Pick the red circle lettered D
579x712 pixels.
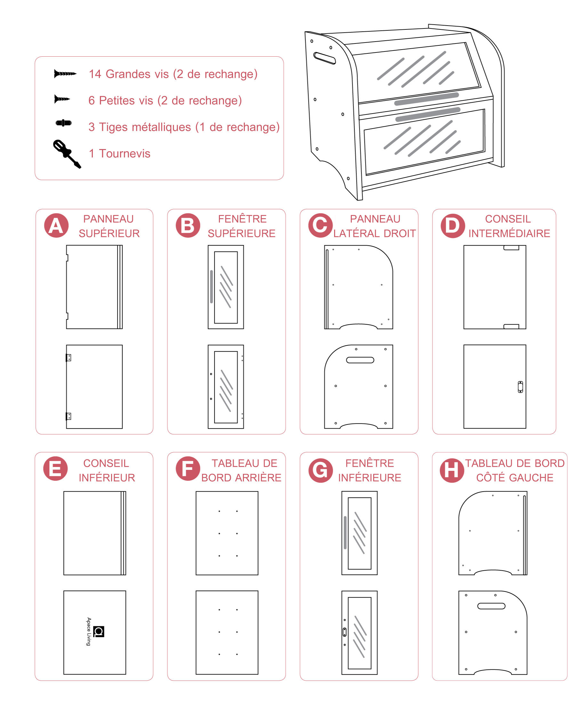click(x=453, y=226)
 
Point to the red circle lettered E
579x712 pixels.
click(x=56, y=468)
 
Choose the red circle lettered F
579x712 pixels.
click(x=188, y=468)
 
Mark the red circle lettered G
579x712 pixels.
click(x=320, y=470)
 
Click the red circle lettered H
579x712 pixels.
click(x=452, y=470)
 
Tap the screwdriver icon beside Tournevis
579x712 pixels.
click(x=67, y=154)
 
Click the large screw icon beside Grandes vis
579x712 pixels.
click(x=65, y=73)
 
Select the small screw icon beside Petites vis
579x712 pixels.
click(x=62, y=99)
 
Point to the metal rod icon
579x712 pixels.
click(x=64, y=123)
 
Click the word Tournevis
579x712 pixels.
click(x=125, y=153)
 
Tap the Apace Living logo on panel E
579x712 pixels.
click(x=95, y=631)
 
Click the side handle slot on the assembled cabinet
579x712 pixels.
click(x=325, y=58)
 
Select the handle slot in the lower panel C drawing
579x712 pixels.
click(x=360, y=360)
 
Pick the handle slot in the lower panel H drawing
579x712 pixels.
click(x=491, y=606)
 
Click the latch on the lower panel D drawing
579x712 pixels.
click(x=520, y=387)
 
